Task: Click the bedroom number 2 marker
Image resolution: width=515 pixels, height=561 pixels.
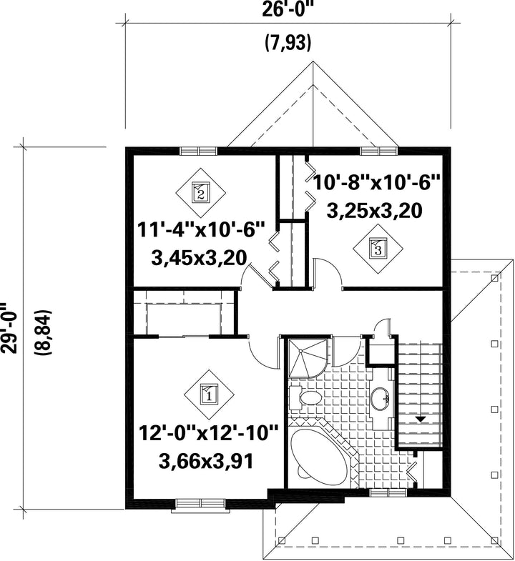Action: (x=201, y=193)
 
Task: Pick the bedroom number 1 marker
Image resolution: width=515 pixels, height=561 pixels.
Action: (x=210, y=394)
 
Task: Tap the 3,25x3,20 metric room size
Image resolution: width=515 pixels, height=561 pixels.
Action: (x=374, y=210)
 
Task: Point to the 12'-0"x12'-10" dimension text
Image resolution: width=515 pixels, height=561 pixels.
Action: (x=208, y=434)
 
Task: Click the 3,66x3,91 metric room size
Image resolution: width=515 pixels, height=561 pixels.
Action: (x=206, y=461)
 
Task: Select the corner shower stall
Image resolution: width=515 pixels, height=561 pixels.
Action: (x=308, y=358)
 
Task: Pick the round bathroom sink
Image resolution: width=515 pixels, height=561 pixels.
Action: (x=381, y=398)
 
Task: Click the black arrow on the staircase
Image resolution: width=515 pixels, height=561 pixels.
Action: (x=420, y=418)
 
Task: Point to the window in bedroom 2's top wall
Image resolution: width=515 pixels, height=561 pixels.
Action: (x=198, y=151)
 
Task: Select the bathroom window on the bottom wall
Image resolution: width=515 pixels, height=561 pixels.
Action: (x=388, y=493)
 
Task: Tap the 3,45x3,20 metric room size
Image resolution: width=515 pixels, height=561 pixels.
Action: (x=199, y=258)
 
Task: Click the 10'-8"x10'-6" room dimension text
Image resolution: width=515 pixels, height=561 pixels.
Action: (x=376, y=183)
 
